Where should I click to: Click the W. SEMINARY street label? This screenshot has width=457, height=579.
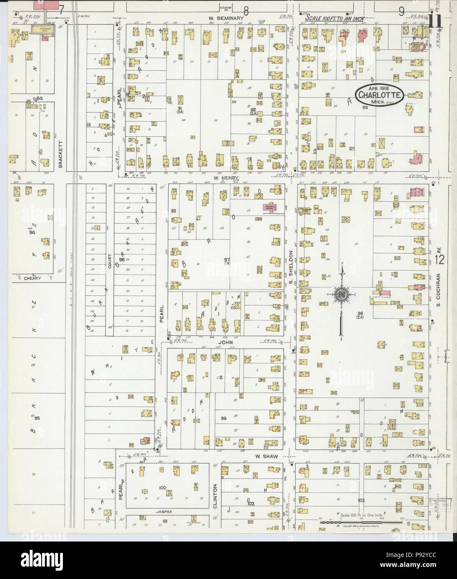click(226, 18)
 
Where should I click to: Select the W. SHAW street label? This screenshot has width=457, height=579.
click(264, 457)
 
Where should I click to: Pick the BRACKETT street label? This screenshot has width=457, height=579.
click(61, 154)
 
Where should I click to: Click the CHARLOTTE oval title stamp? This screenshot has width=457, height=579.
click(379, 95)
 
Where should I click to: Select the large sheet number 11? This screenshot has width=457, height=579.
click(436, 21)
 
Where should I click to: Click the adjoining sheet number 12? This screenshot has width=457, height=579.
click(440, 260)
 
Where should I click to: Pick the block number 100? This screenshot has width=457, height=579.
click(162, 487)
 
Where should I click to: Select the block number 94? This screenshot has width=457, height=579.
click(32, 233)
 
